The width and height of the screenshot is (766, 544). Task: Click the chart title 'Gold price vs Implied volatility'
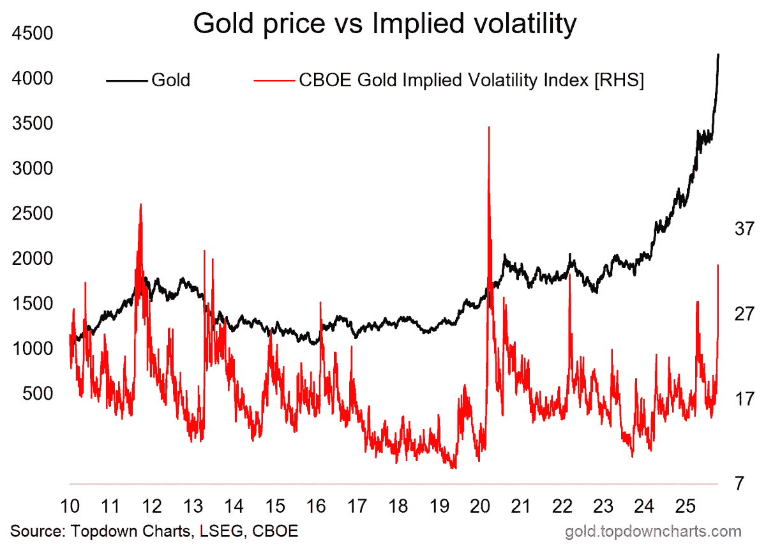384,24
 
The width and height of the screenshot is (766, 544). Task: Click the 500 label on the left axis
40,394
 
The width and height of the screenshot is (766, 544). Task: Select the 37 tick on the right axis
744,228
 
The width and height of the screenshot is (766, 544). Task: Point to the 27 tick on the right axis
744,314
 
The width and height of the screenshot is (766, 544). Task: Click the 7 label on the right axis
739,483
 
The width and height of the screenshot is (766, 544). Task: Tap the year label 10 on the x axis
70,507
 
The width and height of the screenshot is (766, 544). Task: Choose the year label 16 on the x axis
316,507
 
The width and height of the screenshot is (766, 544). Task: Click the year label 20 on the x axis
481,507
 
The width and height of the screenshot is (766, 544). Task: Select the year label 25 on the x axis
686,507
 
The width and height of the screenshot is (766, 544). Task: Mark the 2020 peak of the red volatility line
489,127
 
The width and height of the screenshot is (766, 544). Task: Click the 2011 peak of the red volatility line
140,204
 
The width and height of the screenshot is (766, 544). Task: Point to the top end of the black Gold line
719,55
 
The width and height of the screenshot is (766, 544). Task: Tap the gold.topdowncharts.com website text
653,531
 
